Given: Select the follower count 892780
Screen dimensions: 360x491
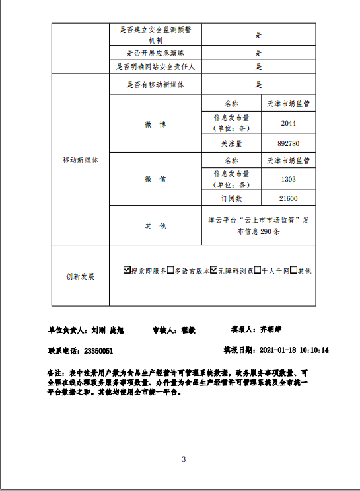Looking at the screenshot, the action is pyautogui.click(x=288, y=143).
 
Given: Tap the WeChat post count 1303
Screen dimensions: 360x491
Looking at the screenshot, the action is pyautogui.click(x=288, y=180).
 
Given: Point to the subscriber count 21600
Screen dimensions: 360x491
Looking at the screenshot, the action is pyautogui.click(x=288, y=198).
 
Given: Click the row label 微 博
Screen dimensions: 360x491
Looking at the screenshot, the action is pyautogui.click(x=155, y=124).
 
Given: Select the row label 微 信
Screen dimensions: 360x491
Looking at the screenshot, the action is pyautogui.click(x=155, y=180).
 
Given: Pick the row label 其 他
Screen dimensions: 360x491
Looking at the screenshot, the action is pyautogui.click(x=155, y=226).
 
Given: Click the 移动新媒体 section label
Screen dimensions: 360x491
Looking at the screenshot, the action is pyautogui.click(x=80, y=160).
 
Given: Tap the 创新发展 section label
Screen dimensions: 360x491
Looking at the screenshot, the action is pyautogui.click(x=80, y=276).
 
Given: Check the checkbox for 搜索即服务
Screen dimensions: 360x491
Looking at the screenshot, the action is pyautogui.click(x=127, y=270).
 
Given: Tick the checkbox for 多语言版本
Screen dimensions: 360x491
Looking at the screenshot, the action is pyautogui.click(x=170, y=270).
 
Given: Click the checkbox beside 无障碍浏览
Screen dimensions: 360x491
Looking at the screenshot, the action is pyautogui.click(x=214, y=270).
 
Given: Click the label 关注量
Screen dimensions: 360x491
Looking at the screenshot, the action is pyautogui.click(x=231, y=143).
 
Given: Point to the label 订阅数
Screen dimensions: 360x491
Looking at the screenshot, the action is pyautogui.click(x=231, y=198).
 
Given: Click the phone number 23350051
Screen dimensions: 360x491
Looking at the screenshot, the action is pyautogui.click(x=99, y=351).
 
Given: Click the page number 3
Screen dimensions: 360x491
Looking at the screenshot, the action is pyautogui.click(x=184, y=459).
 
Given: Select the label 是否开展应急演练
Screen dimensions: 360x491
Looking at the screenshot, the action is pyautogui.click(x=155, y=53).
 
